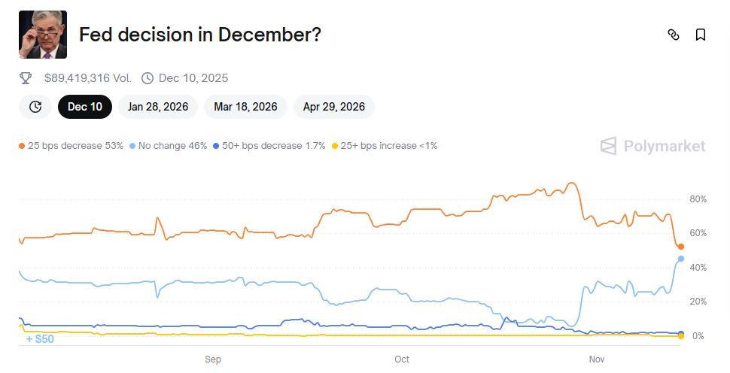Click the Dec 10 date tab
click(x=85, y=107)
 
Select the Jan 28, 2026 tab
click(x=158, y=107)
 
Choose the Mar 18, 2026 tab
click(x=245, y=107)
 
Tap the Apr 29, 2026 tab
click(x=334, y=107)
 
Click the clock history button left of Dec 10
click(x=35, y=107)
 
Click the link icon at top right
click(x=674, y=35)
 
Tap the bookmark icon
click(x=701, y=35)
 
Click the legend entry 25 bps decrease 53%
click(x=71, y=145)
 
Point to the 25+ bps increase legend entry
click(x=385, y=145)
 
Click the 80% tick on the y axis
click(x=698, y=199)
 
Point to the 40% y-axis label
click(x=698, y=268)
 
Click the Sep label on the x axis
click(x=213, y=359)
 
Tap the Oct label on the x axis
click(x=402, y=359)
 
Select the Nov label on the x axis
click(x=596, y=359)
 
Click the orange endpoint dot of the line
click(x=681, y=247)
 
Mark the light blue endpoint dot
click(x=681, y=259)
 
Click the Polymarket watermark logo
click(x=653, y=146)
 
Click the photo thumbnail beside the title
click(x=43, y=35)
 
